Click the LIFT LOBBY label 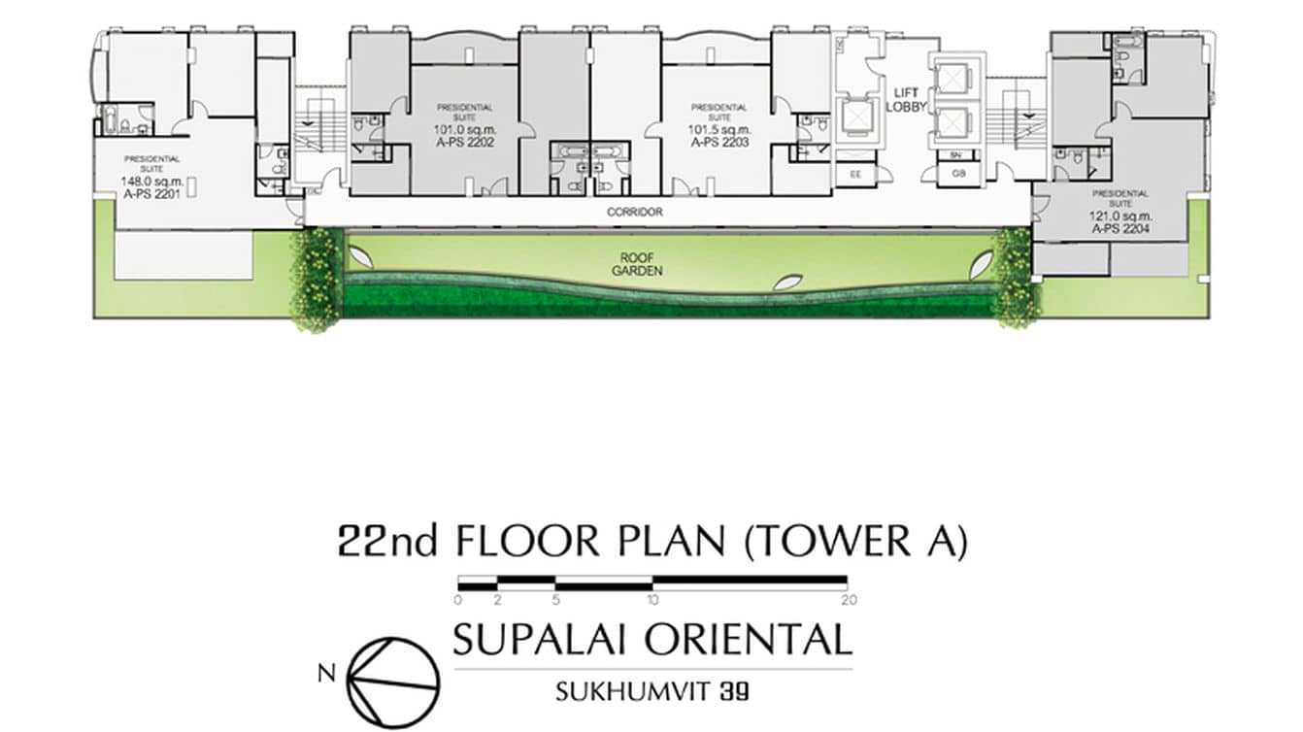(910, 99)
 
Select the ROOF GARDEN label (637, 265)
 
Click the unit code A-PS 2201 (151, 191)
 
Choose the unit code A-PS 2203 (719, 142)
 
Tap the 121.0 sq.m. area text (1119, 217)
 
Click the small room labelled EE (855, 175)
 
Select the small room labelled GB (957, 175)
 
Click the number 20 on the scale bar (850, 600)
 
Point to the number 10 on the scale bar (652, 600)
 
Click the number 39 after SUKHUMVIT (733, 692)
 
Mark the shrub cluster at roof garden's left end (318, 280)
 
